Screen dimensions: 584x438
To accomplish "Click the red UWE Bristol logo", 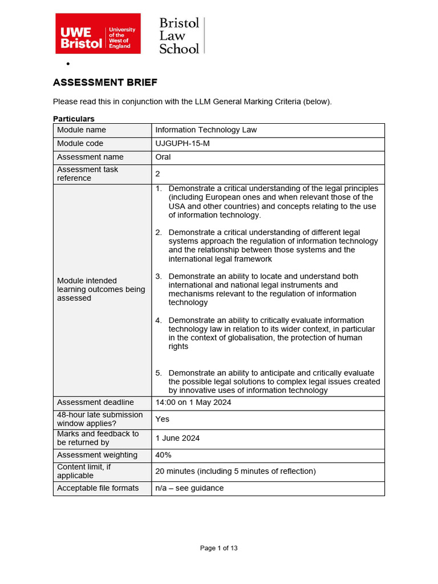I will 97,34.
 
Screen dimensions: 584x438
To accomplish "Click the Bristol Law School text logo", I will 180,35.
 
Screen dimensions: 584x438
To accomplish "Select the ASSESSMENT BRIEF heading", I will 105,83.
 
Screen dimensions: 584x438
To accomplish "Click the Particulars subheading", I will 74,119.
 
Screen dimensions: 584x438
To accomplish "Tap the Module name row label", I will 82,130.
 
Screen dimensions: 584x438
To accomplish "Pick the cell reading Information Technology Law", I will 206,130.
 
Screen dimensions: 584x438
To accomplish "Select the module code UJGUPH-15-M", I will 182,144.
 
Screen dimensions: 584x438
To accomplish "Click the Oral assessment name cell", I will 163,157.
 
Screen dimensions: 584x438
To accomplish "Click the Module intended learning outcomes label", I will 101,289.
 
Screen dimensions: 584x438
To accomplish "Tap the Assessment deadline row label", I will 95,403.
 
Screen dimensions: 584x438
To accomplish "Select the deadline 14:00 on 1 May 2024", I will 193,403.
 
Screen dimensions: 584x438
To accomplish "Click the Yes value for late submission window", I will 163,419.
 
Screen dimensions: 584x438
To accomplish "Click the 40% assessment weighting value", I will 163,455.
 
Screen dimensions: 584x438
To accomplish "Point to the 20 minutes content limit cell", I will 235,472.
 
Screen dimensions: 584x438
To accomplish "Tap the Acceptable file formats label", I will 98,488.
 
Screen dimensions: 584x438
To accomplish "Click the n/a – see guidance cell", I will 189,488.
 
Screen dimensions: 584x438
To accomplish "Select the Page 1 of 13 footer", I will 218,548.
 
